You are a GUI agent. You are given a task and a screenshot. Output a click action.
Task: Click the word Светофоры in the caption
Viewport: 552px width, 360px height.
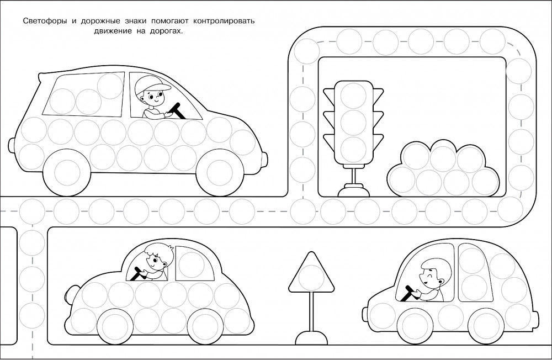(45, 21)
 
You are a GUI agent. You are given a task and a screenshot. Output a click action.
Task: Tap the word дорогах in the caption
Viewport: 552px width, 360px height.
(167, 31)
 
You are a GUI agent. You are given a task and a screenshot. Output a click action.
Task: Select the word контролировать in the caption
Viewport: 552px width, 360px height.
(224, 21)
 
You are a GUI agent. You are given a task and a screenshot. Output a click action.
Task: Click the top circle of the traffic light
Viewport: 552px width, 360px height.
(354, 96)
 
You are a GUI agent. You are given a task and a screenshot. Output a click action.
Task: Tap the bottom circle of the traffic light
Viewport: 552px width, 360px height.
(354, 149)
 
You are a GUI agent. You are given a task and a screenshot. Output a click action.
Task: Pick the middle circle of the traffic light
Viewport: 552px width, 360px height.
(354, 122)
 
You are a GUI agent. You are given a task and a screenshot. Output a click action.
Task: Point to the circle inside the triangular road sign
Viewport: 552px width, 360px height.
(311, 278)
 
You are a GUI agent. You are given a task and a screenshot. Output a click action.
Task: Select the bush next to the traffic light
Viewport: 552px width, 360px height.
(443, 168)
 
